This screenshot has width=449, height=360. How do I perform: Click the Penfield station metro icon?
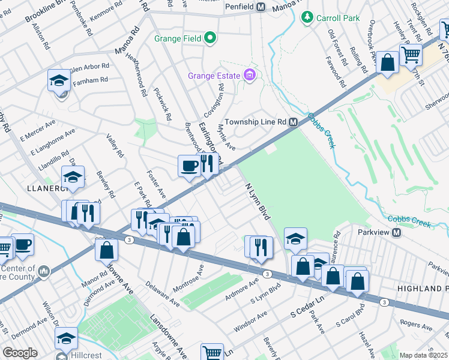(x=261, y=7)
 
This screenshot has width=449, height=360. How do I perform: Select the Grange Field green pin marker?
(x=209, y=39)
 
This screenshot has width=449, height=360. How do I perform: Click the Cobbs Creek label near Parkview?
(x=409, y=221)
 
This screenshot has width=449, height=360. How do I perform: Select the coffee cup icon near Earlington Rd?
(x=188, y=166)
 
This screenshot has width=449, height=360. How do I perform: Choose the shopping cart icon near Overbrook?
(x=411, y=55)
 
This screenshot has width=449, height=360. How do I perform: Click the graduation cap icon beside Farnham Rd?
(x=59, y=80)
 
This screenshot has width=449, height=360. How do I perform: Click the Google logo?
(x=20, y=353)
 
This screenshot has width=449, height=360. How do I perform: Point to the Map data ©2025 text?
(x=424, y=355)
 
